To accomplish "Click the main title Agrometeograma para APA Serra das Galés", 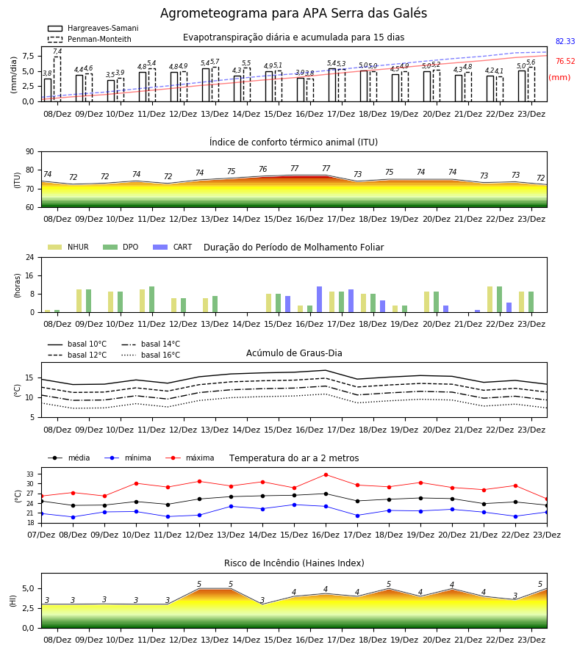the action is click(x=293, y=13).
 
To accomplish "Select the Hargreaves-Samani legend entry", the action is click(x=93, y=28).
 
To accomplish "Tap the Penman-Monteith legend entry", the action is click(x=90, y=39).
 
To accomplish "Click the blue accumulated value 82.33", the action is click(x=565, y=41).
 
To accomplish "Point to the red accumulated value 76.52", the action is click(x=565, y=61).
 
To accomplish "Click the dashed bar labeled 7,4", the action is click(x=57, y=79).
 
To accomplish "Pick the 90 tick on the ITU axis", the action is click(x=30, y=152).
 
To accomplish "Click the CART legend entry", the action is click(x=173, y=247).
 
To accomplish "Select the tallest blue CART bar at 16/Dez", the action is click(x=319, y=300).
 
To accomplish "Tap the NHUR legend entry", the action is click(x=68, y=247).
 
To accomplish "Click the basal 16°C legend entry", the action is click(x=151, y=355).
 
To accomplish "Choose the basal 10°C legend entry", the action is click(x=77, y=344).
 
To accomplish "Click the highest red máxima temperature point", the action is click(x=326, y=474).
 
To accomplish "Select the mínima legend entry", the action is click(x=128, y=458).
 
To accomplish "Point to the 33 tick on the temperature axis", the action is click(x=30, y=474).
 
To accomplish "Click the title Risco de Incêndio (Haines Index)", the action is click(x=294, y=563).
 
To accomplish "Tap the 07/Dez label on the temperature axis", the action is click(x=41, y=535).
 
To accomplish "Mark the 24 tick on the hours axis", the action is click(x=30, y=257).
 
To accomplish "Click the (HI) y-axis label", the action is click(x=13, y=601).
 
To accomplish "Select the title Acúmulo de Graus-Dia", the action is click(x=294, y=353).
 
